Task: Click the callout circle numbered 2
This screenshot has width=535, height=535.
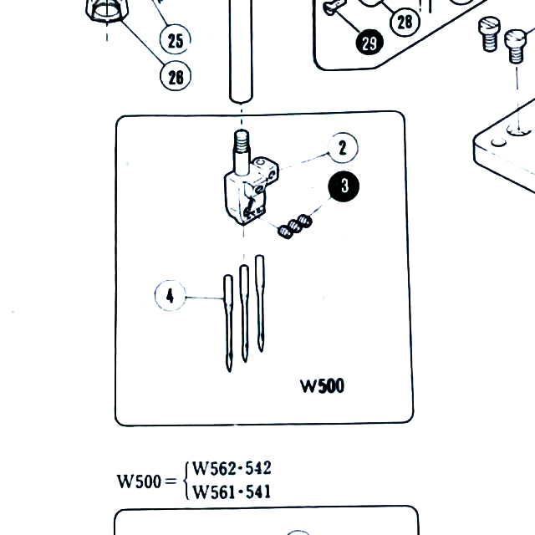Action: [342, 149]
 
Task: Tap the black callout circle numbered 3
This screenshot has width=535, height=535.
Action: [344, 187]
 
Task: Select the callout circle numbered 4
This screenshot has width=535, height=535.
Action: [171, 295]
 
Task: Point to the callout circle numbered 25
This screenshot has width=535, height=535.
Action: [175, 38]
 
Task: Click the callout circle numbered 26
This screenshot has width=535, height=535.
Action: [176, 77]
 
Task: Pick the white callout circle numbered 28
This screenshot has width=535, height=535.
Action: [405, 21]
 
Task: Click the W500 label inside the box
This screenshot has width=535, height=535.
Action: [322, 386]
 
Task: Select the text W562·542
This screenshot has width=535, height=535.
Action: [232, 469]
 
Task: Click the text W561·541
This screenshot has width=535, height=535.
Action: [232, 492]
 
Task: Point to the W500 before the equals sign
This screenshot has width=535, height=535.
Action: [137, 481]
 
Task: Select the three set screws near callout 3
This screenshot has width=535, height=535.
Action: [295, 226]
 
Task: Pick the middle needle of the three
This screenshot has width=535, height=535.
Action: [244, 313]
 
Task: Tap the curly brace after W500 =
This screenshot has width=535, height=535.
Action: [186, 481]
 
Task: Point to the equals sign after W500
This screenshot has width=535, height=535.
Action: [169, 482]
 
